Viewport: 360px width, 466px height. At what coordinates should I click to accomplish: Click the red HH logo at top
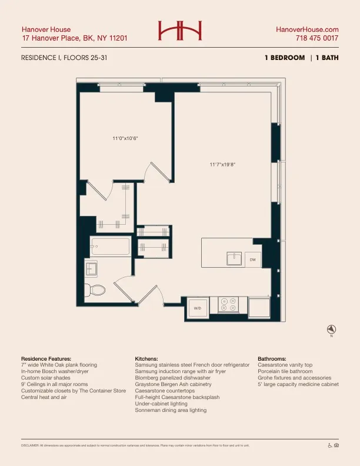point(180,31)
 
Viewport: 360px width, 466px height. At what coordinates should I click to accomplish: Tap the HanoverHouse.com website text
point(308,29)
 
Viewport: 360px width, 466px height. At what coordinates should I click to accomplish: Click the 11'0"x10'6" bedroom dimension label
point(125,139)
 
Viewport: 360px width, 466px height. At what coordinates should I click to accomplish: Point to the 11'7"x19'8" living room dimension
point(222,165)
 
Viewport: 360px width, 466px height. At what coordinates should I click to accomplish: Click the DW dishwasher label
point(252,259)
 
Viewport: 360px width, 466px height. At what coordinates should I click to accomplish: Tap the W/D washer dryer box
point(198,308)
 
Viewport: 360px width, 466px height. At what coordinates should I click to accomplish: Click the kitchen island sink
point(234,258)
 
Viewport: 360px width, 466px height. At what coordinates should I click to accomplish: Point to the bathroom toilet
point(95,289)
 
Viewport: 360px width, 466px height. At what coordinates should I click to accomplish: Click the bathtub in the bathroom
point(110,247)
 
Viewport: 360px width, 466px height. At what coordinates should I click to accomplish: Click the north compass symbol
point(331,329)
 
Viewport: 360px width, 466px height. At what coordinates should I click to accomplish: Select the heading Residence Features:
point(46,358)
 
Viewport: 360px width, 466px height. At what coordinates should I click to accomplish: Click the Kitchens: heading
point(146,358)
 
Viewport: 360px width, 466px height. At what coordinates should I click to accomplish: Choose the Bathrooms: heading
point(272,358)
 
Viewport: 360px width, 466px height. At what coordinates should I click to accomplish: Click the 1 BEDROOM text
point(285,58)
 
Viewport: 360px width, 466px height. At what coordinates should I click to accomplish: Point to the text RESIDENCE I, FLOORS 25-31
point(64,58)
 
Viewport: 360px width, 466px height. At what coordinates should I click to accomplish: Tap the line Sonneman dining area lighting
point(171,410)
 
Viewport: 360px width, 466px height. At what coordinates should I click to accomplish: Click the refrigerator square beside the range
point(259,307)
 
